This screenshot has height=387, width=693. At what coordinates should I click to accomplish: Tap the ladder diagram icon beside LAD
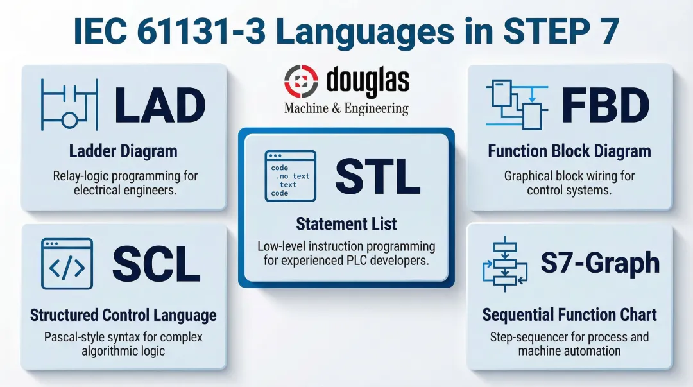(x=69, y=105)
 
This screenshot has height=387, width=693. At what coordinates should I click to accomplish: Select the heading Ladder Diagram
(x=123, y=151)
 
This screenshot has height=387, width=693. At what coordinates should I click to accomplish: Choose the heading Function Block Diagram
(x=569, y=151)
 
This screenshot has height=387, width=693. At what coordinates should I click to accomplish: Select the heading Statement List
(x=346, y=224)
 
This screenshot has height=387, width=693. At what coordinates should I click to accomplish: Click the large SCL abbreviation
(x=156, y=264)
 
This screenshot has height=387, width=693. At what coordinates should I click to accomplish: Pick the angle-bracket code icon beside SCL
(x=67, y=264)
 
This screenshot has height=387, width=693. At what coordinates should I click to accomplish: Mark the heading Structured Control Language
(x=123, y=315)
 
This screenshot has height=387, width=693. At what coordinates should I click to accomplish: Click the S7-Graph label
(x=600, y=263)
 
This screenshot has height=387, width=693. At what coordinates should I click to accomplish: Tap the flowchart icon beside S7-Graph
(x=505, y=263)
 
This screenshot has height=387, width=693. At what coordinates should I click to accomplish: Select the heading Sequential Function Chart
(x=569, y=315)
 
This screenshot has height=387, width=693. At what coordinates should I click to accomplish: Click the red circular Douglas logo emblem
(x=301, y=82)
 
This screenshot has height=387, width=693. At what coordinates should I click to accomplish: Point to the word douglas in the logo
(x=367, y=82)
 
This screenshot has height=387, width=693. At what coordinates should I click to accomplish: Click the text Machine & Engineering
(x=346, y=108)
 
